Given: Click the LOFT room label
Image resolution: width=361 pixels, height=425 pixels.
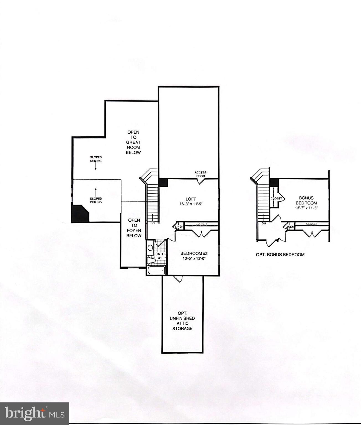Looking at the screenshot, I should point(191,199).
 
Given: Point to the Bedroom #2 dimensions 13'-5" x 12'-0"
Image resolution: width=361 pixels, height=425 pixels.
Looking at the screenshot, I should point(194,258).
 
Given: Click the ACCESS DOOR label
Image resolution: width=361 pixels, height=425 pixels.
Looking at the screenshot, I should point(200,174).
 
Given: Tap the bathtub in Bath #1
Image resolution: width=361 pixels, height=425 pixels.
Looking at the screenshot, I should point(156,270).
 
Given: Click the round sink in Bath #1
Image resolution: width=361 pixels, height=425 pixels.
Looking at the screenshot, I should point(150,248).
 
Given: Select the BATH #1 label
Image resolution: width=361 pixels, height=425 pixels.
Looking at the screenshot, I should point(160,256).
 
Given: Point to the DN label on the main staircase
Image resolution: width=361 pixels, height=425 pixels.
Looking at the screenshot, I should point(153,223).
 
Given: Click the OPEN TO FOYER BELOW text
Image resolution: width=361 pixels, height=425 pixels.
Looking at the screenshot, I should point(134,228).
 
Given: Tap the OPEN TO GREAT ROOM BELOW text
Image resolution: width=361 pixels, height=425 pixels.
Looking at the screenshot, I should point(133,142).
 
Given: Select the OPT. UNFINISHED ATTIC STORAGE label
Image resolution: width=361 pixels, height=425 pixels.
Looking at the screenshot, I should point(182,321).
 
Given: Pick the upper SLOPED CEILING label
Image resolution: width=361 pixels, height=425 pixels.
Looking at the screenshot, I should point(96,159).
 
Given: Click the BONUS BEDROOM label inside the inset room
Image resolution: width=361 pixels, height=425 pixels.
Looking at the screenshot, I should point(306,200).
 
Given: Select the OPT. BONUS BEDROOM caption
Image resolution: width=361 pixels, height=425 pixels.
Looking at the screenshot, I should point(280,255).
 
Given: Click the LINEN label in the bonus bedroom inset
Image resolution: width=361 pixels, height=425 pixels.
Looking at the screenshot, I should point(290,227).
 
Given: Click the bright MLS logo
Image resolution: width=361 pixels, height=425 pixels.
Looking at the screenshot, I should point(35,414).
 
